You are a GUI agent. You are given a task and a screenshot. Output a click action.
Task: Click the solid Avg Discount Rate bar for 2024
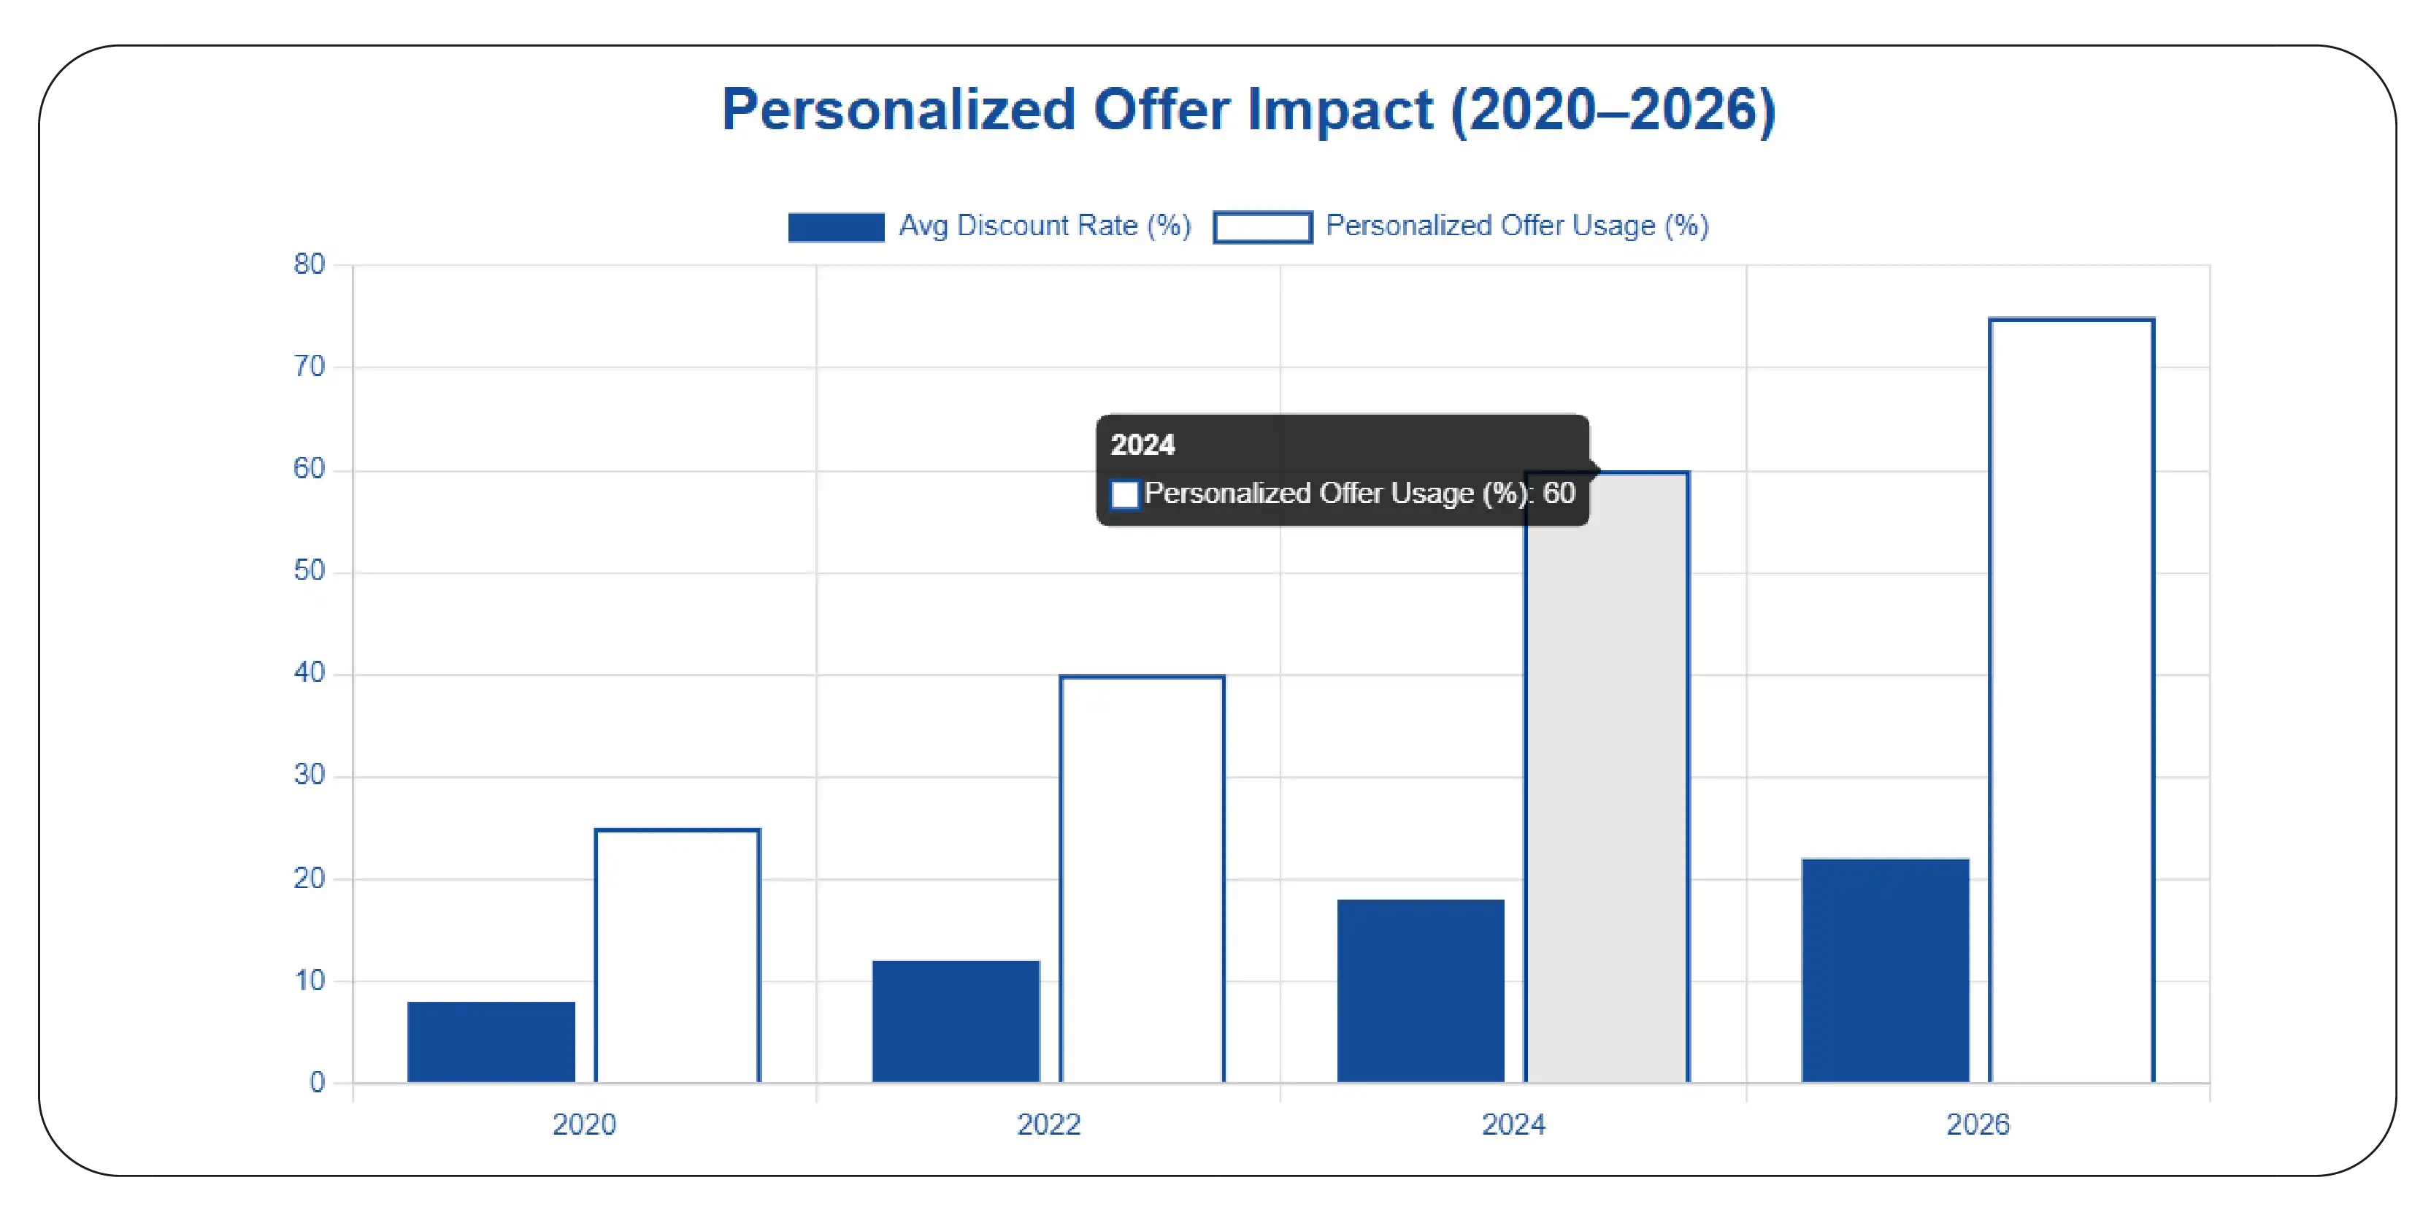click(1421, 990)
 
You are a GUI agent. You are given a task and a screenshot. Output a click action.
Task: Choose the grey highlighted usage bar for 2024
click(1606, 802)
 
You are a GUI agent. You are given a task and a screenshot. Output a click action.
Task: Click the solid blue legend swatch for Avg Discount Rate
click(835, 227)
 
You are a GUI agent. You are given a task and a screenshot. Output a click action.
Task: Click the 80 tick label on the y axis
click(309, 264)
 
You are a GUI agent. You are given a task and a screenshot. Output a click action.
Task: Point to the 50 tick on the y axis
click(309, 571)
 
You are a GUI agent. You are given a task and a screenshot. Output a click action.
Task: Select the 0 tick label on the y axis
click(317, 1082)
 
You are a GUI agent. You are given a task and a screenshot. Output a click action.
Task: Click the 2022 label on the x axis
click(1048, 1124)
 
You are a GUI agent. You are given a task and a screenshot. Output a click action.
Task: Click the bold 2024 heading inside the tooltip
click(1142, 445)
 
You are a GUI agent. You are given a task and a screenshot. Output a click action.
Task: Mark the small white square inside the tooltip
click(1124, 494)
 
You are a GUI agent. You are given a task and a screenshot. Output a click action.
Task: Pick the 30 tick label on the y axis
click(309, 775)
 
